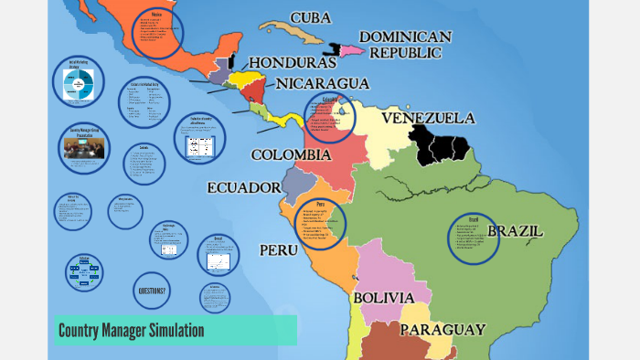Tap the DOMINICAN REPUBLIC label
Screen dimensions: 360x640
click(x=404, y=45)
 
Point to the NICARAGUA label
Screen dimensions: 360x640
click(x=323, y=83)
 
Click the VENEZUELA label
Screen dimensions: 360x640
click(x=428, y=119)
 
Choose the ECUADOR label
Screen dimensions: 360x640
click(x=243, y=187)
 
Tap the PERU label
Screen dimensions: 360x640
click(x=279, y=249)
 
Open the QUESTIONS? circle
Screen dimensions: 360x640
click(x=152, y=291)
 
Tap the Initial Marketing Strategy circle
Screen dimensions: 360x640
click(x=79, y=82)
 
